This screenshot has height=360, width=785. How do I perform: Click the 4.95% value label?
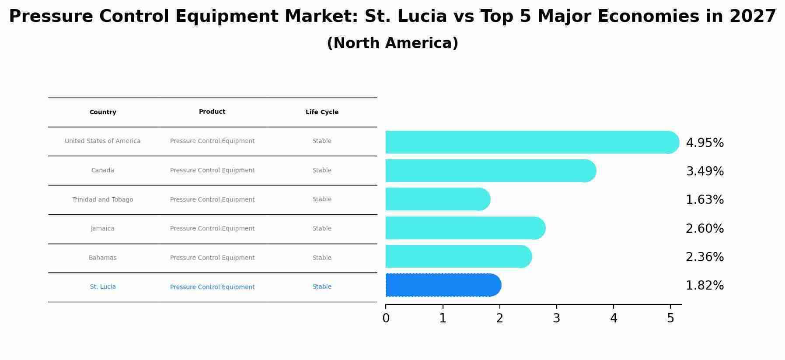(x=705, y=143)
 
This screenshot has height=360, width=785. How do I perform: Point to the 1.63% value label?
(x=705, y=200)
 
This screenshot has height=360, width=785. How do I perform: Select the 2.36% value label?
(x=705, y=257)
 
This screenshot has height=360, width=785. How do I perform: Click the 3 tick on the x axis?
(x=556, y=318)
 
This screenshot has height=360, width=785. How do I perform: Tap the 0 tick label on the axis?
(x=386, y=318)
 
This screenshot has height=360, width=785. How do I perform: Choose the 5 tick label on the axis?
(x=670, y=318)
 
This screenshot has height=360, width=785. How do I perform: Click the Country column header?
(x=103, y=112)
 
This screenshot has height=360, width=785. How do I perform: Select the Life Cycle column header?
(x=322, y=112)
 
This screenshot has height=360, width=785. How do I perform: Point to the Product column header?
(x=212, y=112)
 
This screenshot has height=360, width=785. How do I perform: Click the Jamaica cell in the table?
(x=103, y=229)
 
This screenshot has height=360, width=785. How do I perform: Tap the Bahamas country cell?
(x=103, y=258)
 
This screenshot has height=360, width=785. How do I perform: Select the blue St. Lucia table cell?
(x=103, y=287)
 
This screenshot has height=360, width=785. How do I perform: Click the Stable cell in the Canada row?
(x=322, y=171)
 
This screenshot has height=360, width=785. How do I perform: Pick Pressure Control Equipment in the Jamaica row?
(x=212, y=229)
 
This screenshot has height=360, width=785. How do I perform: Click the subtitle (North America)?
(x=392, y=43)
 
